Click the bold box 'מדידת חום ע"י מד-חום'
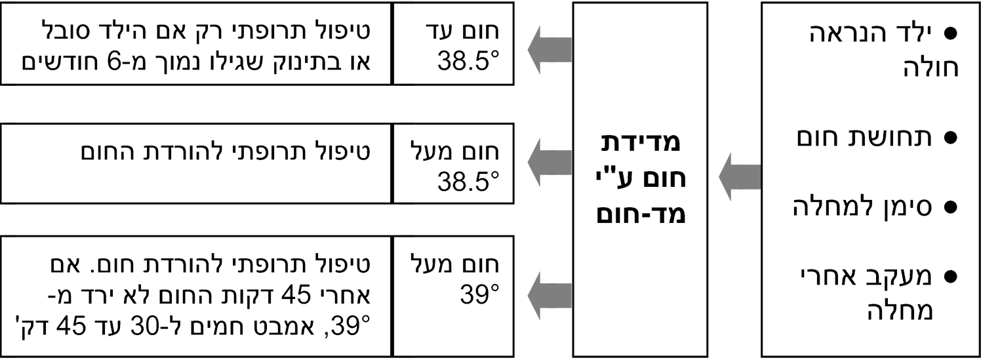pos(640,180)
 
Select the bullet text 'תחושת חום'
pos(870,138)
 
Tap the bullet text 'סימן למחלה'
pos(868,207)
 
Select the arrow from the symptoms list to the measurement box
pos(740,177)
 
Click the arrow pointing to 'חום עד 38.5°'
pos(550,49)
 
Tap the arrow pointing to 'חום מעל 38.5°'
pos(550,163)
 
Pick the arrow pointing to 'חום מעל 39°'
pos(550,296)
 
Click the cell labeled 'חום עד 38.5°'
pos(453,43)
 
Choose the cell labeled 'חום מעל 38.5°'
pos(453,163)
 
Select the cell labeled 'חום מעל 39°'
pos(453,296)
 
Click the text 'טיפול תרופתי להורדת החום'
pos(226,152)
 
